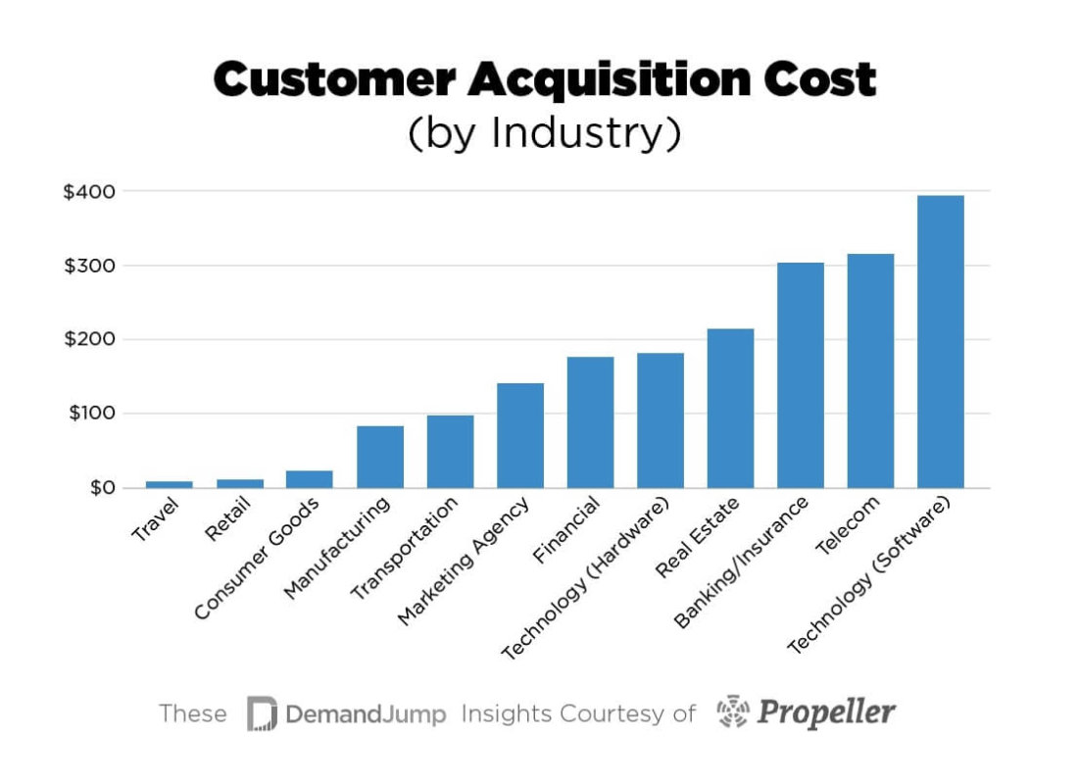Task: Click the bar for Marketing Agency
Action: tap(520, 435)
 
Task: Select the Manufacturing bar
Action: tap(380, 457)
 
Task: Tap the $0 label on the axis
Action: tap(96, 488)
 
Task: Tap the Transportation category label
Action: tap(405, 548)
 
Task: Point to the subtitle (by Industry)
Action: tap(544, 133)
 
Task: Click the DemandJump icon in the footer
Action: tap(262, 713)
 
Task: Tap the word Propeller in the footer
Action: tap(826, 712)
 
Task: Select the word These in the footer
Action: tap(192, 713)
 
